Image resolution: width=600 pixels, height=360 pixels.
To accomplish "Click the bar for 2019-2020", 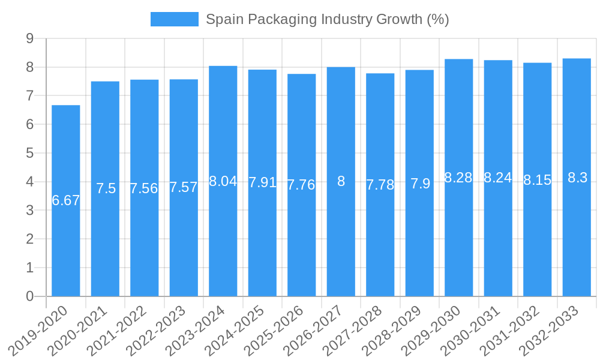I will (x=66, y=240).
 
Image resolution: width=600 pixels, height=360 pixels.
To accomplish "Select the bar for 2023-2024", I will (x=223, y=240).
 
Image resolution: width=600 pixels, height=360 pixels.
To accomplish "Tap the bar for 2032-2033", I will (x=577, y=240).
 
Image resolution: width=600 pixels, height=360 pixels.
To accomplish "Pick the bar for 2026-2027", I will (x=341, y=240).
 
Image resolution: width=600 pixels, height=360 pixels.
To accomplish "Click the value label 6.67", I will (x=66, y=201).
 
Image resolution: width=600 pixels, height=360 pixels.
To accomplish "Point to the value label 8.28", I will (x=458, y=178).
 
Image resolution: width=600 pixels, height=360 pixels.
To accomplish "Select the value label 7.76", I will (x=301, y=185).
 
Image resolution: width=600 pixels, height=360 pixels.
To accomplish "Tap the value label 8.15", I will (x=537, y=180).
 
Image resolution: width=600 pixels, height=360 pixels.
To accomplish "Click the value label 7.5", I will (x=106, y=188).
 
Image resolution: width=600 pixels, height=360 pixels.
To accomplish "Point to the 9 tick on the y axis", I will (x=29, y=38).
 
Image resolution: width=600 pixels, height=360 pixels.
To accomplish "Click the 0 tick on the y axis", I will (x=29, y=296).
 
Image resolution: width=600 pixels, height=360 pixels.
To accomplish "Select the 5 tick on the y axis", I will (x=29, y=153).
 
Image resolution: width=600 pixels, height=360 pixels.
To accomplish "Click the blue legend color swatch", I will (x=174, y=19).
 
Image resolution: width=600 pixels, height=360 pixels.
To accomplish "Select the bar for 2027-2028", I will (x=380, y=240).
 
